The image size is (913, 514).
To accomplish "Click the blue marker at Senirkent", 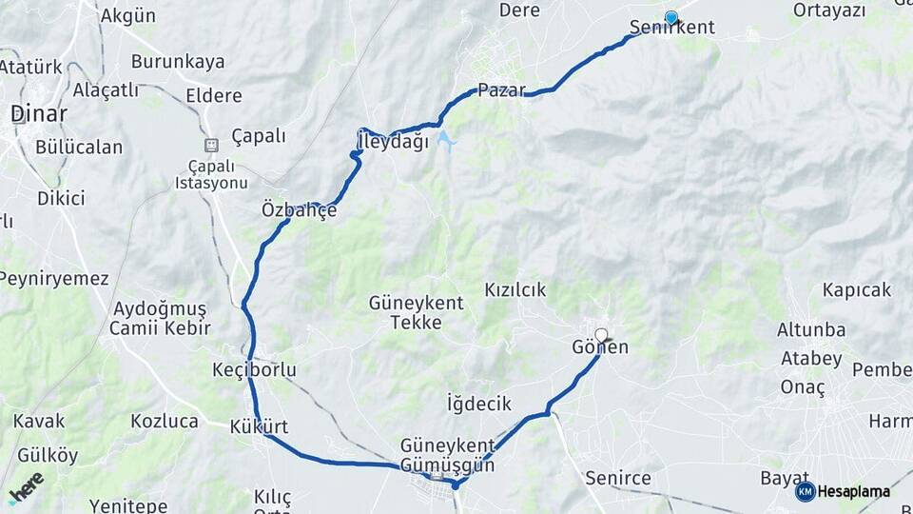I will point(671,17).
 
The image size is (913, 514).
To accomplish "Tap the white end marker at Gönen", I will point(601,334).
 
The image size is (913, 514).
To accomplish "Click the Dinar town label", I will point(39,113).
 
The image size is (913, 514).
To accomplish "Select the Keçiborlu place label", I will point(255,369).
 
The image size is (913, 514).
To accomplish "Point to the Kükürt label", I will point(259,426).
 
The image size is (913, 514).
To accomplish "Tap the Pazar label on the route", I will point(501,90).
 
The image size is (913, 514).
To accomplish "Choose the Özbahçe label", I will point(299,210).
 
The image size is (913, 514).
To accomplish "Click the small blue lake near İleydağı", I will point(445,141).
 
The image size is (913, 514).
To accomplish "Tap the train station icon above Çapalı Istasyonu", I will point(210,145).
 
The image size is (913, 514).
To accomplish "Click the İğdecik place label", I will point(479,404).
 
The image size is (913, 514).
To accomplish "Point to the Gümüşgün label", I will point(448,465).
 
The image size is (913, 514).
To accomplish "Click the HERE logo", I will point(26,487).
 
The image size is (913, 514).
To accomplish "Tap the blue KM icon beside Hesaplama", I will point(806,491).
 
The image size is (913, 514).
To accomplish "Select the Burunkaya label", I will point(178,62).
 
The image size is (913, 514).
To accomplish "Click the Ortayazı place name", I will point(830,10).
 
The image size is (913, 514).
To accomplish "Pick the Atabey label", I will point(811,359).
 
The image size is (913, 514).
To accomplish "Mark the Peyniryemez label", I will point(54,279).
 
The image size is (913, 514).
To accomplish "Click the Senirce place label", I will point(618,477).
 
